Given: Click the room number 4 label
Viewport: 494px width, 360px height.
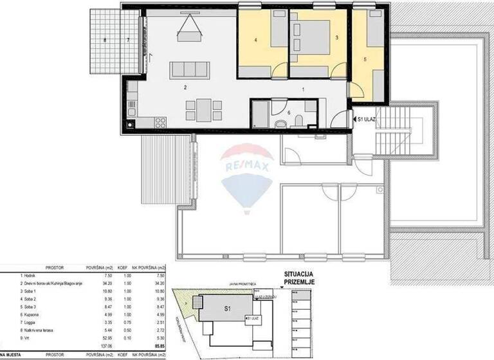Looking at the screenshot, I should click(x=255, y=40).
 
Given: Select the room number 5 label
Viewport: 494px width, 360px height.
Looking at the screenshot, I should click(x=365, y=59).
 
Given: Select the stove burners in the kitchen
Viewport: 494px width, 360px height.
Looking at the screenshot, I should click(x=160, y=122).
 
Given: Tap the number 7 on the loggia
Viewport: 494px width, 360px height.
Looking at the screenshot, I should click(x=128, y=40).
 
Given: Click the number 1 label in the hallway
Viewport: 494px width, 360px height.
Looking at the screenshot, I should click(x=303, y=89).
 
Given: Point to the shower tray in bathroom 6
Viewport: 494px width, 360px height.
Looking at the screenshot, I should click(x=261, y=117).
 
